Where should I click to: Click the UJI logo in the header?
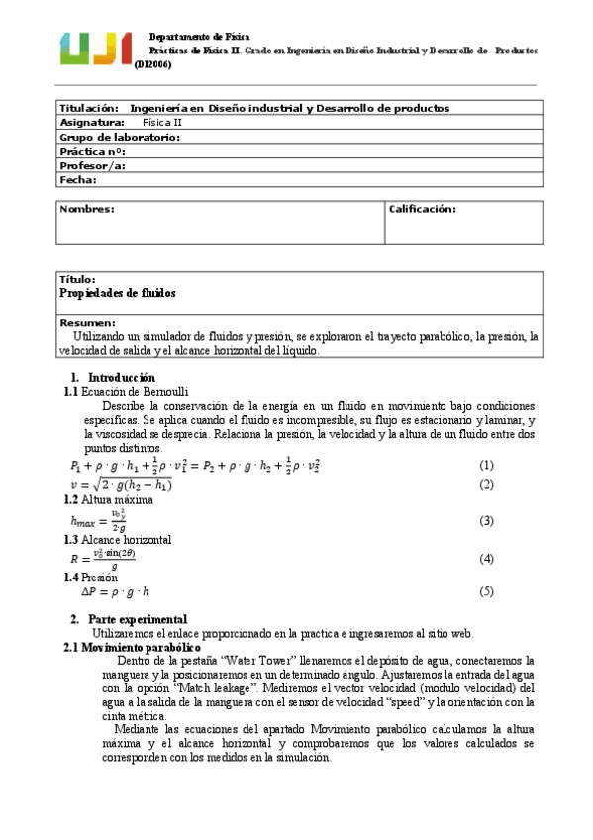pos(96,48)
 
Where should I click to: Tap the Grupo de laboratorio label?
pos(119,137)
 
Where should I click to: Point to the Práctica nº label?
pos(92,152)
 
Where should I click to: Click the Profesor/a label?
pos(92,166)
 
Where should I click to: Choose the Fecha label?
pos(78,180)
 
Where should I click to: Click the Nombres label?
pos(87,209)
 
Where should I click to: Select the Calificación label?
pos(422,209)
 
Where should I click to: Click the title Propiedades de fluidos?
pos(118,294)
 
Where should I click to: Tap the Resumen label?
pos(88,323)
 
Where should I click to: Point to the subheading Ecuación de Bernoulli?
pos(133,393)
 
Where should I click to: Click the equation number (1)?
pos(486,466)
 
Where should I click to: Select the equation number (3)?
pos(486,521)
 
